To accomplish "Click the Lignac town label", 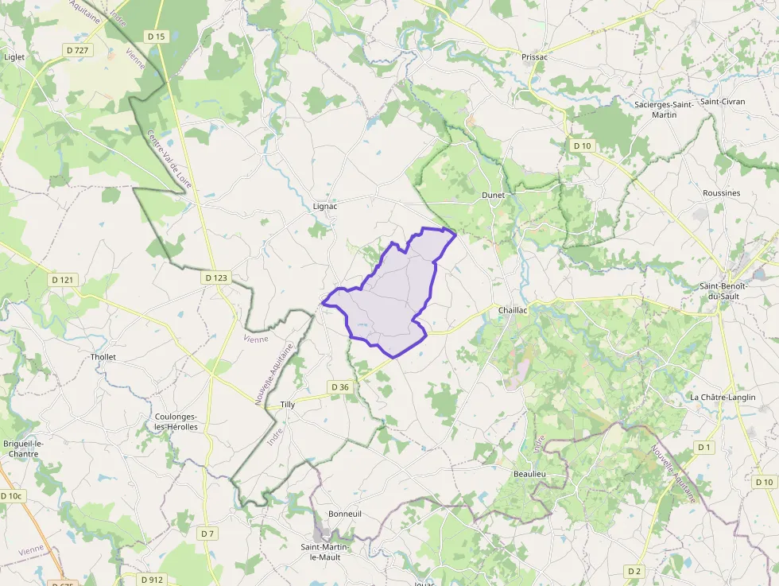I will pos(325,206).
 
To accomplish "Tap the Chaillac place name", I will pos(512,310).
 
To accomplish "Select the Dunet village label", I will pos(493,195).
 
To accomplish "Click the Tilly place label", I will pos(287,405).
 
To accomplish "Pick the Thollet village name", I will pos(103,357).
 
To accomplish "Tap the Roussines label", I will pos(721,193).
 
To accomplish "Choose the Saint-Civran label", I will pos(723,102).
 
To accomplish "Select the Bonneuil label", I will pos(345,514).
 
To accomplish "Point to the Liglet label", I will pos(14,57).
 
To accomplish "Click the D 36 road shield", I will pos(339,387).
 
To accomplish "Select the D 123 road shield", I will pos(215,277).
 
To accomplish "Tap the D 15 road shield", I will pos(156,37).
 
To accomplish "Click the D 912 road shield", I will pos(151,580).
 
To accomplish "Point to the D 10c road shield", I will pos(13,495).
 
